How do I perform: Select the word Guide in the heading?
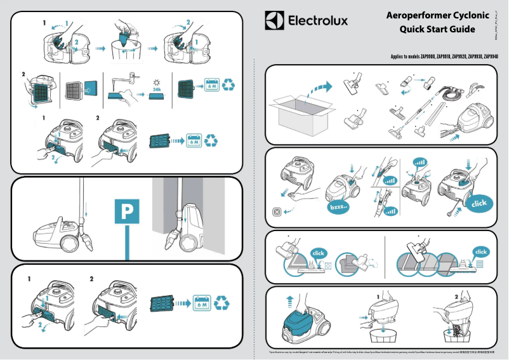click(x=459, y=29)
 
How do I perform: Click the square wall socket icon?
click(x=277, y=211)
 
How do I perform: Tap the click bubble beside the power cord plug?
click(x=479, y=203)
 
